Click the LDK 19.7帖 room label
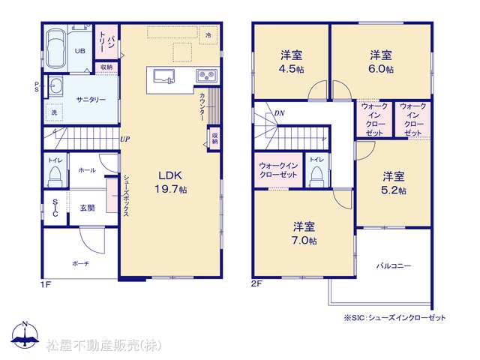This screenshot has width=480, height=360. (170, 182)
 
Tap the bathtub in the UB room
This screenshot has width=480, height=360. (56, 49)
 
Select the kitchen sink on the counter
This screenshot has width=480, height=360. (163, 76)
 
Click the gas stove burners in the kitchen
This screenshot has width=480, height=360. (207, 75)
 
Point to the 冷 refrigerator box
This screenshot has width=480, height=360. (208, 35)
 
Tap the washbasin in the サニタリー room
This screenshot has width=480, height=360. (55, 86)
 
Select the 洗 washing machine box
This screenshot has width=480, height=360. (54, 112)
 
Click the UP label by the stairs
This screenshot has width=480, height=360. (125, 139)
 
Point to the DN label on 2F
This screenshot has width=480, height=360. (280, 113)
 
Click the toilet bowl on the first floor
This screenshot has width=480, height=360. (55, 176)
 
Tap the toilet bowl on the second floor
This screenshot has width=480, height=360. (316, 177)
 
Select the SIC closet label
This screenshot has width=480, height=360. (55, 208)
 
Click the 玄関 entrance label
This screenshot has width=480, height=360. (87, 208)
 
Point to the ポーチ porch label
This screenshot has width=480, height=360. (80, 263)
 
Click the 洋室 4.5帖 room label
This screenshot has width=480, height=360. (292, 62)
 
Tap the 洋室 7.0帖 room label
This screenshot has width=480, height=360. (304, 233)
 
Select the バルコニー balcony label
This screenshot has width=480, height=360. (394, 265)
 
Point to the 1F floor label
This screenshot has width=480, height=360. (46, 285)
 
